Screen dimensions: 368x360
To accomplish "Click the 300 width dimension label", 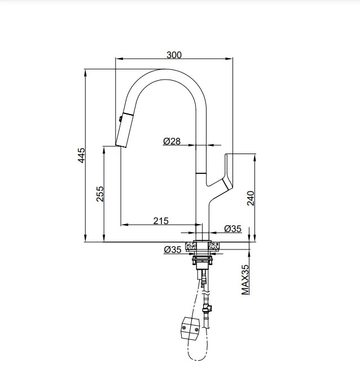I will click(174, 54).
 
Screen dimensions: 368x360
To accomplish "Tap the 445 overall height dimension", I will click(81, 155).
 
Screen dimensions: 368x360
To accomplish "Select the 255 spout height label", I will click(100, 194).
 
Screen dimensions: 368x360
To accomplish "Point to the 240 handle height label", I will click(251, 198).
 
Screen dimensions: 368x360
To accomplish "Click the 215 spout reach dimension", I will click(161, 221).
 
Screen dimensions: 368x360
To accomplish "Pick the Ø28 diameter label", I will click(172, 142).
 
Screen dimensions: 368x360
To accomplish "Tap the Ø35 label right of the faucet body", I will click(232, 229).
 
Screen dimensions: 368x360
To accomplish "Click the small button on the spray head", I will click(119, 119).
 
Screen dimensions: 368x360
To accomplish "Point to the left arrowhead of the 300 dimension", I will click(118, 58).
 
